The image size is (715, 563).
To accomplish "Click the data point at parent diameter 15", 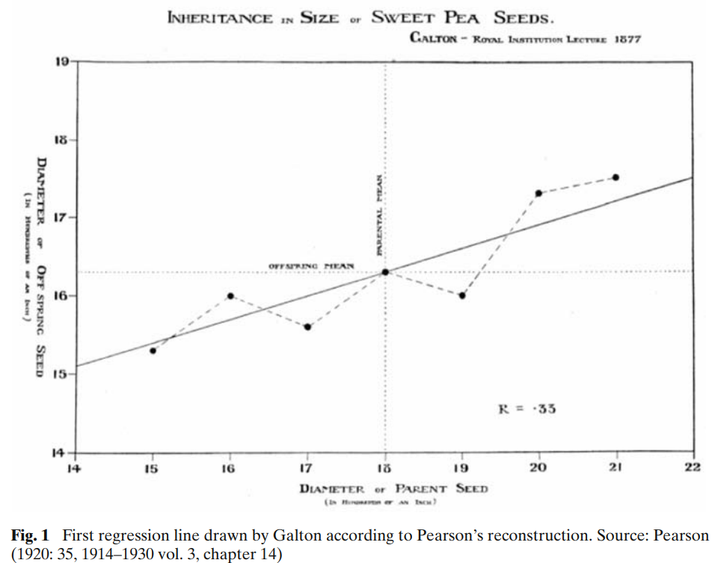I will [153, 350].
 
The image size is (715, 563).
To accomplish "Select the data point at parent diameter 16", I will [230, 296].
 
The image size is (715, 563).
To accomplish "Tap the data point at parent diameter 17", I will [307, 327].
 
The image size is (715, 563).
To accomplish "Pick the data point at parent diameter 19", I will [462, 295].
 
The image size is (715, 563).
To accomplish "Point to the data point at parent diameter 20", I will [538, 193].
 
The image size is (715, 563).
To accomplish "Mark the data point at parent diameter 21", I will [616, 177].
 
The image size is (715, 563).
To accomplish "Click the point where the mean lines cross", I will [384, 271].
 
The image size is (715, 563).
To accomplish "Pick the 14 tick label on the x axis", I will [75, 468].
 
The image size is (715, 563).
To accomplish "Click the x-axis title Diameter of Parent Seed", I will [393, 489].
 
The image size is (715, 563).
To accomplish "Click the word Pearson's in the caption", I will [423, 535].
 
